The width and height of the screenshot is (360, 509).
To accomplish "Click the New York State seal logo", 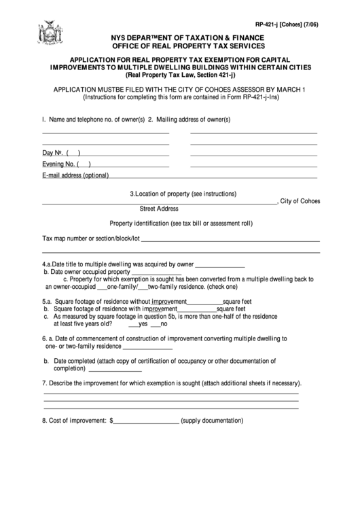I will coord(50,34).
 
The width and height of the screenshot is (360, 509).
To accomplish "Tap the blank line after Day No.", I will coord(126,153).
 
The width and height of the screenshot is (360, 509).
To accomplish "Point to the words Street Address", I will coord(159,209).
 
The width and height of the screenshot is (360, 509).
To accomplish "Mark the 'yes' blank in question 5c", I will coord(133,324).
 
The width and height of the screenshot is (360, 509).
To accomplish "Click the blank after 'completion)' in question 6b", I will coord(115,370).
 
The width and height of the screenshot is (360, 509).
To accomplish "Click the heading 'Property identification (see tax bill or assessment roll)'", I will coord(181,223).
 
